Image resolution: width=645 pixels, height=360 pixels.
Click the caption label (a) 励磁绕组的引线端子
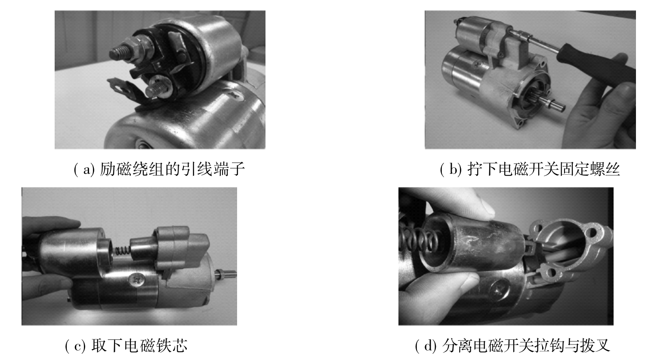click(x=159, y=169)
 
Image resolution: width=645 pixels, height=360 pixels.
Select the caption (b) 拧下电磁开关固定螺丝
click(x=530, y=169)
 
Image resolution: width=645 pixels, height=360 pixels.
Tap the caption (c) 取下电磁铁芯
click(x=126, y=345)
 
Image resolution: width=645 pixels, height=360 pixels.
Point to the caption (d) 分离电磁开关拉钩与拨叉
click(x=512, y=345)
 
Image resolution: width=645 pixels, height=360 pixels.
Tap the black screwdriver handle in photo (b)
click(x=596, y=62)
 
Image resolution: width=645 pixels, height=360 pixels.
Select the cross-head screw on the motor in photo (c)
click(x=137, y=280)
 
